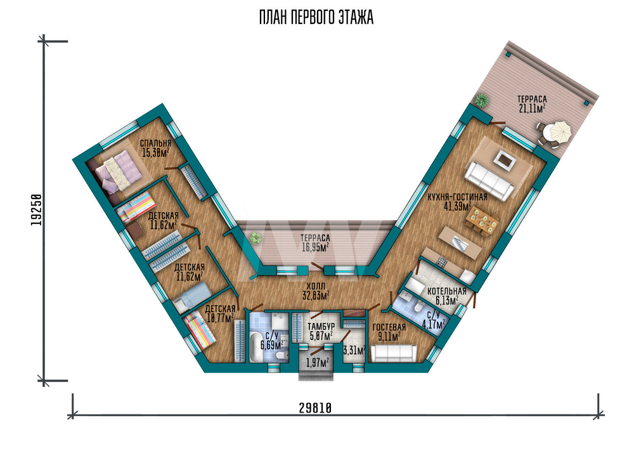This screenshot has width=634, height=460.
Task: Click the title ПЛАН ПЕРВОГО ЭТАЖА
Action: tap(316, 18)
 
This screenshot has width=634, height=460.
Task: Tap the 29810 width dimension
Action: tap(315, 408)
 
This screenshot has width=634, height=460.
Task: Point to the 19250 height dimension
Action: tap(36, 210)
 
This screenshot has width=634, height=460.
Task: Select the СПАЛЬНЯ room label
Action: tap(156, 143)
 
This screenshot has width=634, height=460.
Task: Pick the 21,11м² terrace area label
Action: tap(532, 108)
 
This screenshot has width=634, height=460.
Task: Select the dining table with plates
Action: tap(482, 220)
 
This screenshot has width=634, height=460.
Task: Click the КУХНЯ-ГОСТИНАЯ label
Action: tap(457, 197)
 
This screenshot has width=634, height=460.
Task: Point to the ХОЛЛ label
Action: tap(315, 286)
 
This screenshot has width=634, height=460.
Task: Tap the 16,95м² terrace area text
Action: tap(315, 247)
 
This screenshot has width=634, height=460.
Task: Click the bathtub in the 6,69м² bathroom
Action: tap(256, 346)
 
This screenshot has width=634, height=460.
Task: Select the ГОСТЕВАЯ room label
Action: tap(389, 327)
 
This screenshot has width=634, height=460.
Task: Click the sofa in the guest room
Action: tap(394, 353)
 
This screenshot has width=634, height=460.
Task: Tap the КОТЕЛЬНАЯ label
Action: tap(447, 291)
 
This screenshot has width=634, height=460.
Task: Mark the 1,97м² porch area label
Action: tap(318, 362)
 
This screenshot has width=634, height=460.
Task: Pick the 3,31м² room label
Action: tap(354, 350)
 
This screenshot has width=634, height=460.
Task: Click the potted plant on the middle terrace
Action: tap(255, 237)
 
